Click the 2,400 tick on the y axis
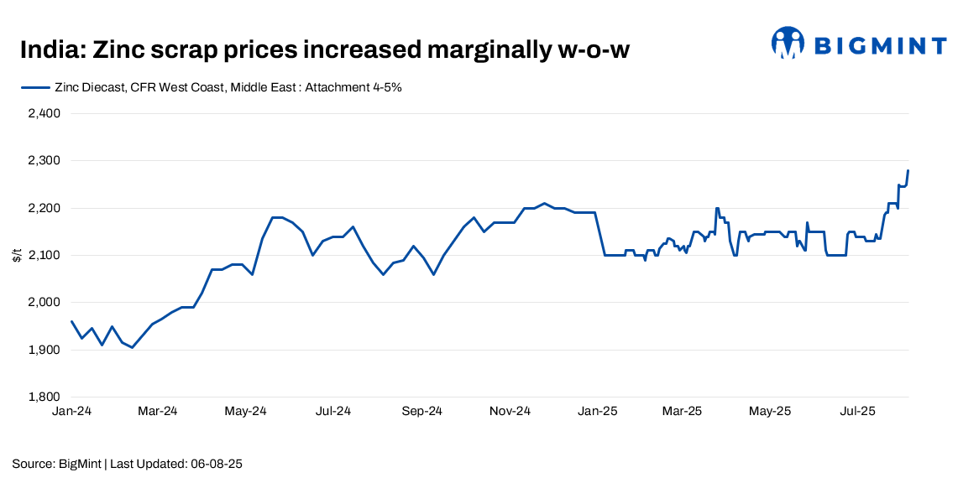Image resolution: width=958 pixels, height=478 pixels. pos(43,113)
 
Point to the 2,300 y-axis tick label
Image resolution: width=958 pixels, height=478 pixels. pos(43,160)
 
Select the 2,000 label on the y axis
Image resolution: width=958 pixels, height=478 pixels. pos(43,302)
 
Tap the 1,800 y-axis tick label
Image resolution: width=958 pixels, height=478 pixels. pos(43,397)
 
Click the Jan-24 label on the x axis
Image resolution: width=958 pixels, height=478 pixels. pos(71,411)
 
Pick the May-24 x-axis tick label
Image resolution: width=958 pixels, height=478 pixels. pos(246,411)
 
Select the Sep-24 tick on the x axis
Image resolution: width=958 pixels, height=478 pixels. pos(421,411)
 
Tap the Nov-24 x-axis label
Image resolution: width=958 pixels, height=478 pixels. pos(510,411)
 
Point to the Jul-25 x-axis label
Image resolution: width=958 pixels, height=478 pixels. pos(858,411)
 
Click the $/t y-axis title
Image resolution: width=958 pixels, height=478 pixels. pos(17,255)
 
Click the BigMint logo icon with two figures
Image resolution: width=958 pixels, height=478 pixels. pos(788,43)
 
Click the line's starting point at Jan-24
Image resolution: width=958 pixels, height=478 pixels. pos(71,321)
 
